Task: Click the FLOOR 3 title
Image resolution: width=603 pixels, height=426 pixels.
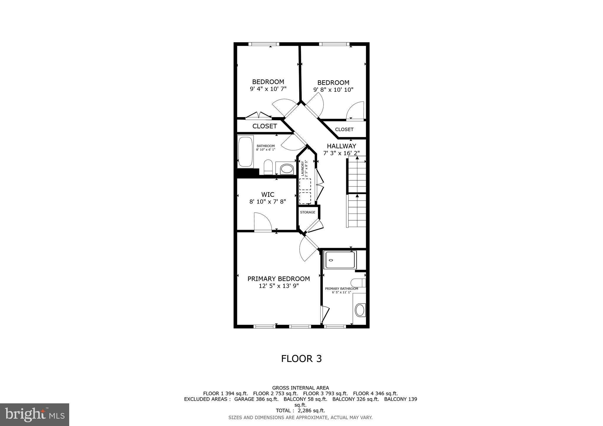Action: (301, 359)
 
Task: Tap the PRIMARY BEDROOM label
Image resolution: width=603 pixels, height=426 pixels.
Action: (279, 279)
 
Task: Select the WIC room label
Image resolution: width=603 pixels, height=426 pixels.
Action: (268, 194)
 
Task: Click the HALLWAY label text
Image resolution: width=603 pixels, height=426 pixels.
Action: (341, 146)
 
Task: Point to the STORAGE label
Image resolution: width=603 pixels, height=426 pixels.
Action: (308, 212)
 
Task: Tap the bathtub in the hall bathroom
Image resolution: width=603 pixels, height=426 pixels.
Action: (245, 152)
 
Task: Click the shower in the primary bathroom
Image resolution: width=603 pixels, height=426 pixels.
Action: (340, 260)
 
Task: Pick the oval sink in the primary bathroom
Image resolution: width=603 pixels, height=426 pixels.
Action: (360, 310)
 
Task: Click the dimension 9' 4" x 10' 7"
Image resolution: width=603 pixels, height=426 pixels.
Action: (268, 89)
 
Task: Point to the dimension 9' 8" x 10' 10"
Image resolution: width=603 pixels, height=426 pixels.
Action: (333, 90)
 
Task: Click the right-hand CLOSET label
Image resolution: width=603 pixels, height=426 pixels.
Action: (344, 129)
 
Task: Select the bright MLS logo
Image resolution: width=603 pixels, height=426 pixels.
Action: (34, 415)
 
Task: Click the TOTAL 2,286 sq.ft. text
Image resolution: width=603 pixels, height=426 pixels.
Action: (300, 410)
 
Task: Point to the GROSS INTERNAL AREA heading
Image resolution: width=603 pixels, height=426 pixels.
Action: (300, 388)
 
